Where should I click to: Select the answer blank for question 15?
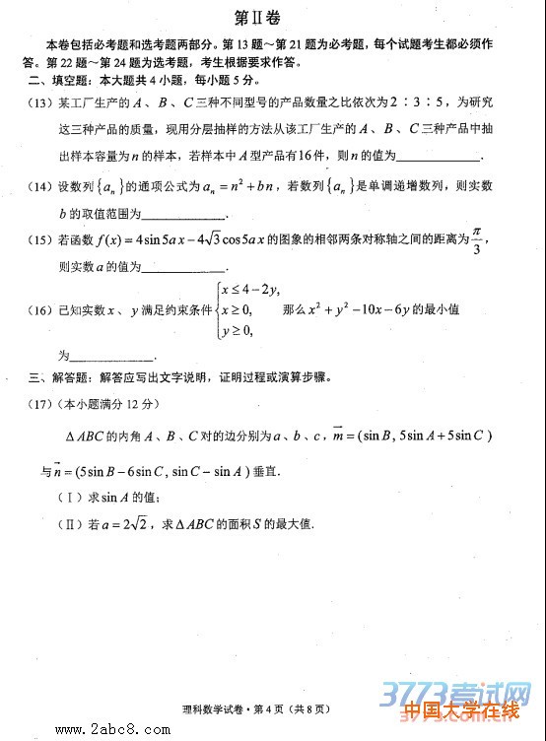click(x=186, y=267)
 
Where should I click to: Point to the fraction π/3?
click(x=475, y=239)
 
